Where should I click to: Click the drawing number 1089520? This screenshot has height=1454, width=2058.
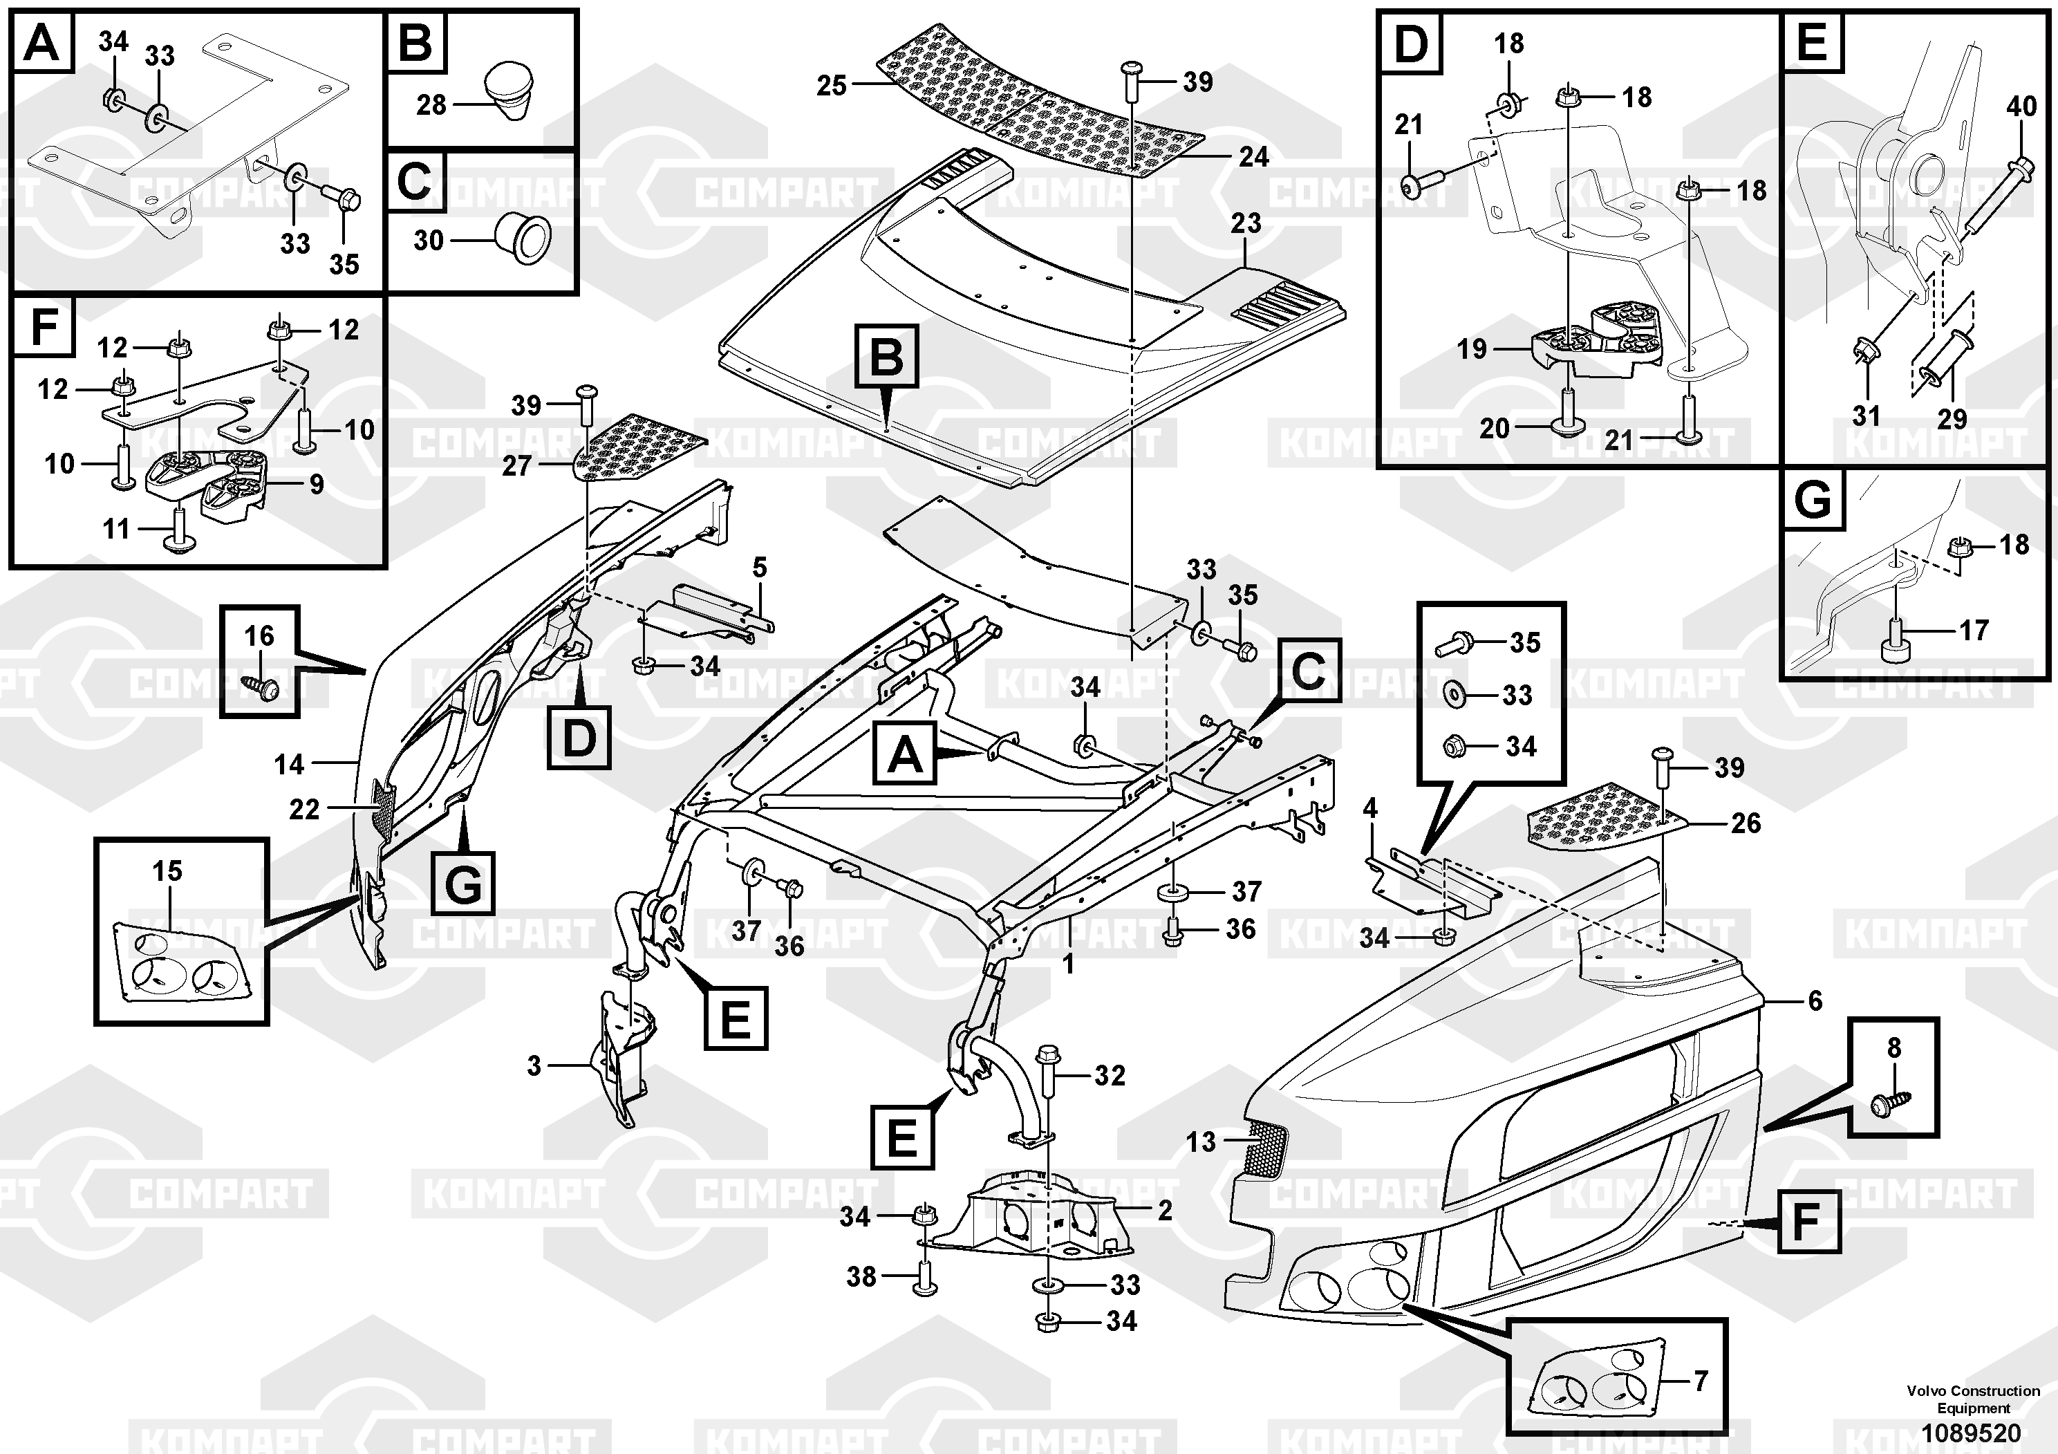coord(1973,1433)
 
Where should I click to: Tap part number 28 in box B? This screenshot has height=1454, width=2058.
coord(431,105)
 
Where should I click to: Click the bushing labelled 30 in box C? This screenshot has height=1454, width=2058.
coord(525,238)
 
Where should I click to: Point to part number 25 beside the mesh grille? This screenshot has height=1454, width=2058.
coord(831,85)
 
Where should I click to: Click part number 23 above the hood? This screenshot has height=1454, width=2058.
coord(1246,223)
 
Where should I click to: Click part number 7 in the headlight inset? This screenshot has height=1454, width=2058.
coord(1701,1381)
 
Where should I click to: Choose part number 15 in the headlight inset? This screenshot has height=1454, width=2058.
coord(167,870)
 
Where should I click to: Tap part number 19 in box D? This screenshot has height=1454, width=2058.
coord(1472,348)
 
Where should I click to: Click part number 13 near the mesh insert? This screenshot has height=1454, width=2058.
coord(1201,1141)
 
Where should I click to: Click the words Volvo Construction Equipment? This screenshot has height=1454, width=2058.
coord(1973,1399)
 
